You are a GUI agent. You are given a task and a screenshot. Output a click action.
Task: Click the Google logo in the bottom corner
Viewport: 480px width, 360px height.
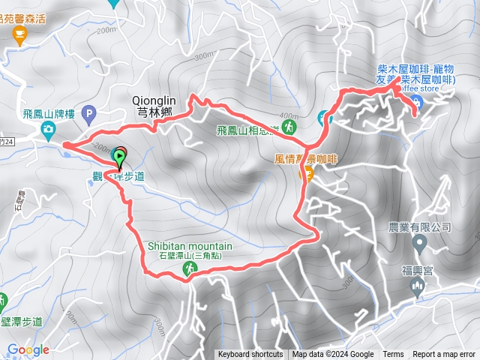(x=28, y=349)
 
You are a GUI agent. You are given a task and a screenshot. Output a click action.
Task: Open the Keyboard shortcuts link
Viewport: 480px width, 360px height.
(x=250, y=355)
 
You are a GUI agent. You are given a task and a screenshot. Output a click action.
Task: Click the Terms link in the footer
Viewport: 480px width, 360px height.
(x=393, y=355)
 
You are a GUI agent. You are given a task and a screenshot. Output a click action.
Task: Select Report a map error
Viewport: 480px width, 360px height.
(x=444, y=355)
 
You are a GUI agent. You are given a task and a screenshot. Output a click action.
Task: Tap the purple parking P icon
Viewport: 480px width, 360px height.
(x=89, y=116)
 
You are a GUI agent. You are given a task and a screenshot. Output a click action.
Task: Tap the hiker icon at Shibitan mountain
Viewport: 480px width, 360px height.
(x=190, y=268)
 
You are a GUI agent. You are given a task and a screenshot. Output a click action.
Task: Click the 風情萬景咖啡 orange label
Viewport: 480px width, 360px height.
(x=307, y=160)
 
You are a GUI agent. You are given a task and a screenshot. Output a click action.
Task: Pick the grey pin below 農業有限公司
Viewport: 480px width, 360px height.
(x=420, y=242)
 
